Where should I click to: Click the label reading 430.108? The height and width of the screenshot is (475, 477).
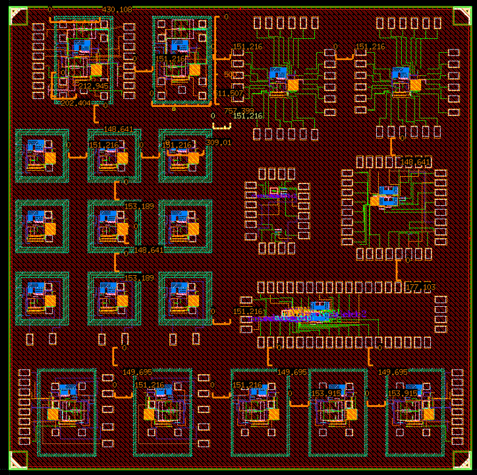tap(117, 9)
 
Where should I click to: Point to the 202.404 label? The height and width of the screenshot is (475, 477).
tap(75, 103)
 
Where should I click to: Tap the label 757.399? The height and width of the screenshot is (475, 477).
tap(238, 111)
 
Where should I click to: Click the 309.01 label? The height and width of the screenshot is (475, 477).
tap(219, 142)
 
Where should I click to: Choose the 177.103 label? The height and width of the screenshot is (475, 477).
tap(422, 287)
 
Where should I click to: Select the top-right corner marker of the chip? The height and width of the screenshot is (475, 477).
tap(461, 16)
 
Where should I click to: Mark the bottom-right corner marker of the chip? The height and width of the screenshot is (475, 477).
tap(461, 460)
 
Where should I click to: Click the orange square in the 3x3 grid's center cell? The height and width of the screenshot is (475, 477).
tap(123, 229)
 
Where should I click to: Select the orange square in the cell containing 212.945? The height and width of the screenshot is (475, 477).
tap(97, 69)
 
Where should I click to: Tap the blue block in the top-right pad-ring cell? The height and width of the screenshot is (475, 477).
tap(400, 72)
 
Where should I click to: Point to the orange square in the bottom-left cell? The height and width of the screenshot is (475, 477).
tap(53, 414)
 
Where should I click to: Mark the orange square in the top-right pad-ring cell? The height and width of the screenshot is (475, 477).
tap(416, 84)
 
